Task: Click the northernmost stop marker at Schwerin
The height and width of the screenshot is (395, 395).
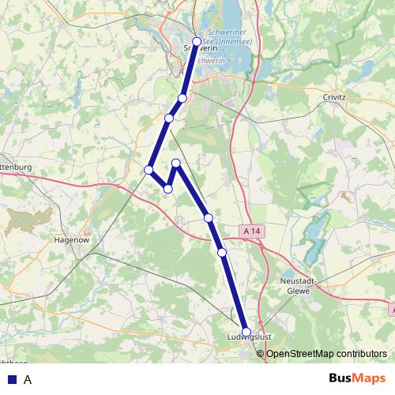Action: [x=197, y=42]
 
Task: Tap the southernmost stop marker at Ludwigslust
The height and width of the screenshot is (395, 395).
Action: [x=246, y=333]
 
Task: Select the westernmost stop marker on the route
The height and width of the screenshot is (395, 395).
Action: [x=149, y=169]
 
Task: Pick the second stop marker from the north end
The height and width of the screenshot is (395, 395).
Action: [x=182, y=98]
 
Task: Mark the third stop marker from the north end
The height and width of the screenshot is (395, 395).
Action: [x=169, y=118]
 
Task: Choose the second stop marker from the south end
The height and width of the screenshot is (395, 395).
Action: [x=222, y=252]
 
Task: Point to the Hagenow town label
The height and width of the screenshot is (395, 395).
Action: [x=70, y=238]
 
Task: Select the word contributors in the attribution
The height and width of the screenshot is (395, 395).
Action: [x=361, y=354]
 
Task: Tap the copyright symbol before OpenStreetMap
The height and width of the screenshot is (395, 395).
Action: [x=261, y=354]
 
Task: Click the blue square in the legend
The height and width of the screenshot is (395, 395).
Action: [x=11, y=379]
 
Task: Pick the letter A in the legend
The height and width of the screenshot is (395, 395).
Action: [x=28, y=379]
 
